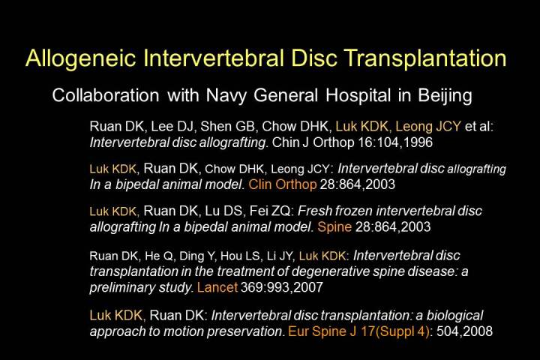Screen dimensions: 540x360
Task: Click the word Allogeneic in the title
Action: point(81,58)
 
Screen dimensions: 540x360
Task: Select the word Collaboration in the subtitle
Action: point(106,94)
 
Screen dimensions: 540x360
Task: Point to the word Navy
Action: point(226,95)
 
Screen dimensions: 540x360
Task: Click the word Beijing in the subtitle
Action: point(445,95)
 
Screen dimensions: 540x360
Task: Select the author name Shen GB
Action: point(227,127)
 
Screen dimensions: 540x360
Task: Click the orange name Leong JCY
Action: point(428,127)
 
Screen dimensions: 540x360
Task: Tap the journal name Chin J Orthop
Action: point(313,142)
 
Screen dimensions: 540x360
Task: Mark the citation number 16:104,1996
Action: point(395,142)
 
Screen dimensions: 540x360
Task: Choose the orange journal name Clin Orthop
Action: point(283,184)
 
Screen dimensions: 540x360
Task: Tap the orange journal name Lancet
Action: point(217,287)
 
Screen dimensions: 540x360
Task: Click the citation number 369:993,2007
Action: point(282,287)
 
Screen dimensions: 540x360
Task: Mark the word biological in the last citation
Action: point(454,316)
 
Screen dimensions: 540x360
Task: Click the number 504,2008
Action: point(464,331)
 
